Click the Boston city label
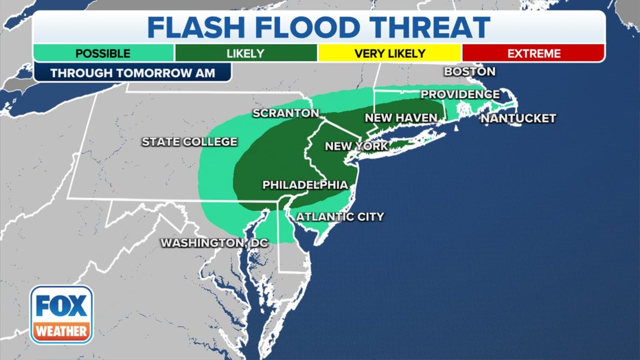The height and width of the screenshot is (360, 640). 470,71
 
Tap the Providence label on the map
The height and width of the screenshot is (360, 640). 460,94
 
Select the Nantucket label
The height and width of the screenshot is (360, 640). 518,118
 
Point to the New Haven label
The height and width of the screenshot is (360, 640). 400,118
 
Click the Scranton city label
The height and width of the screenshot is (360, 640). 286,113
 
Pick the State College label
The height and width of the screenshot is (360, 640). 189,142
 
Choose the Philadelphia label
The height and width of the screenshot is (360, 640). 305,185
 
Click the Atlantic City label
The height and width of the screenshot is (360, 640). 340,217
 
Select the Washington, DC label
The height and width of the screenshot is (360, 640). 214,243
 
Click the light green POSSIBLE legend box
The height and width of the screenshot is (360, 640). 103,53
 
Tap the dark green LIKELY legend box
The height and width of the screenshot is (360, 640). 246,53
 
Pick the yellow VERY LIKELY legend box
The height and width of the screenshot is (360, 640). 389,53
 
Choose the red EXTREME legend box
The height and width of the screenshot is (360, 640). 533,53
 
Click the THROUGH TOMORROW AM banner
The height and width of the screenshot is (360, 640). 132,73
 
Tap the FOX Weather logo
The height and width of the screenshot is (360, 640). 61,315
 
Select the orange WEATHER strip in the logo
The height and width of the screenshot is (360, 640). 61,331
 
